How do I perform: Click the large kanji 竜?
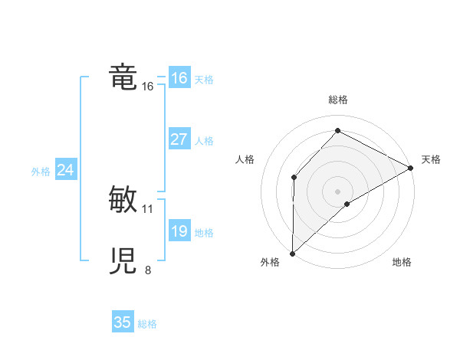(x=123, y=77)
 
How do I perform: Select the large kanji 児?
(x=123, y=261)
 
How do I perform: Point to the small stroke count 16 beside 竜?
(x=148, y=87)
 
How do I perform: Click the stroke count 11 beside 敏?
(x=148, y=208)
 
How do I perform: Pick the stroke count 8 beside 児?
(x=148, y=270)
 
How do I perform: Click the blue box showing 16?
(x=179, y=78)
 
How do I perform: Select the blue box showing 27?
(x=179, y=139)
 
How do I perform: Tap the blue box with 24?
(x=65, y=170)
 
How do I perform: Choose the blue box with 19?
(x=179, y=231)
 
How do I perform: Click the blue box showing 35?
(x=123, y=322)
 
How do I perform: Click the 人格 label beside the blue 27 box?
(x=204, y=141)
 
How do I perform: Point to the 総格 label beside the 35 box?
(x=147, y=324)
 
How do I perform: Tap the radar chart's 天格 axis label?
(x=431, y=159)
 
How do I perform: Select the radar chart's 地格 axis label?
(x=402, y=263)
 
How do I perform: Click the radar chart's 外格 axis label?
(x=270, y=263)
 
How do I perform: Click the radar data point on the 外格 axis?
(x=292, y=253)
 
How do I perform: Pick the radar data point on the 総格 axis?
(x=337, y=131)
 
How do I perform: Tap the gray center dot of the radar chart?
(x=337, y=191)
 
